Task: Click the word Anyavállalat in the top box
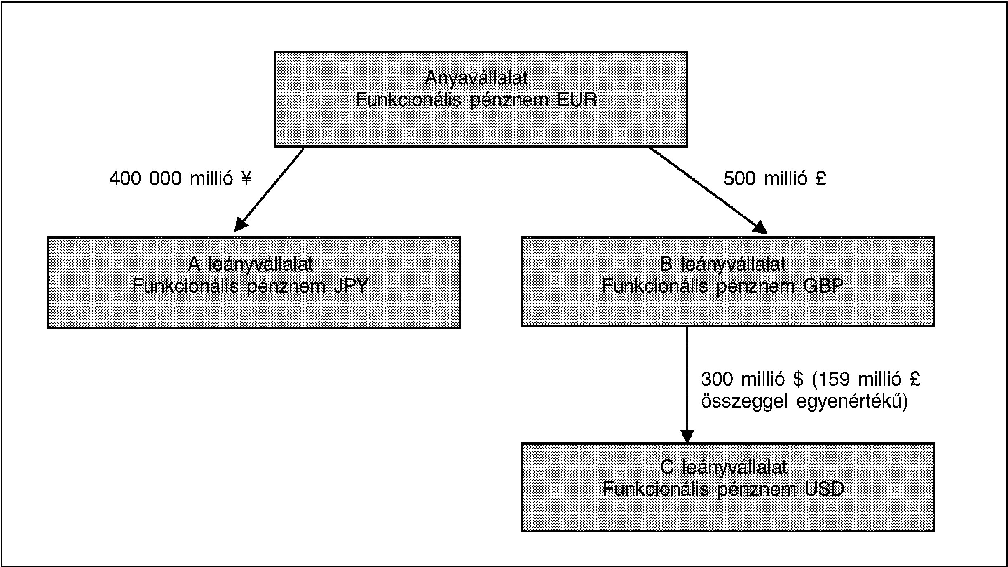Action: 476,78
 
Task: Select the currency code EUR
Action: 577,100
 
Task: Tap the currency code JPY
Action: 350,286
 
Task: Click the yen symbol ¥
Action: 246,179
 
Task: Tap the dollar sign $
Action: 798,379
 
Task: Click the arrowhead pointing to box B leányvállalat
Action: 760,227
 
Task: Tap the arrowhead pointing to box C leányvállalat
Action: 687,436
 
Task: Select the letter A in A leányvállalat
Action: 194,264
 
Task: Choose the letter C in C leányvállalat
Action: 668,467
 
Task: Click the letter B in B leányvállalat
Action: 666,264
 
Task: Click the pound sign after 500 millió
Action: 821,179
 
